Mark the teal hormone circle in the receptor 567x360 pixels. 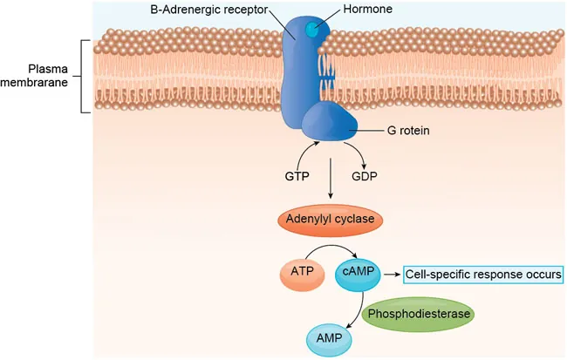click(312, 31)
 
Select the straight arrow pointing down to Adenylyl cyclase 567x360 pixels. click(330, 182)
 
